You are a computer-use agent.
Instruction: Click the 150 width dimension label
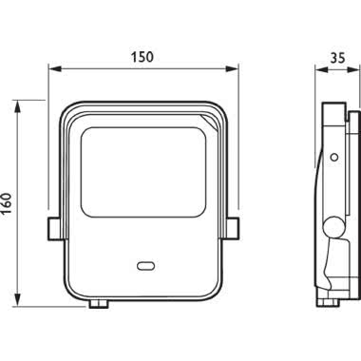click(142, 57)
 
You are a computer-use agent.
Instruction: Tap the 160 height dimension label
click(7, 203)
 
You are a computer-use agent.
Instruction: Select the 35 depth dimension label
click(337, 58)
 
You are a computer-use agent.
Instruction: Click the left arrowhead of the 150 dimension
click(54, 68)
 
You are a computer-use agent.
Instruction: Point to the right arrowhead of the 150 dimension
click(231, 68)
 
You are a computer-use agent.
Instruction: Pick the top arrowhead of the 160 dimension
click(18, 106)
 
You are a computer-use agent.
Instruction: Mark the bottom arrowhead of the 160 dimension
click(18, 300)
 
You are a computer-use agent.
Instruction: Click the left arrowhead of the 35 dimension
click(320, 69)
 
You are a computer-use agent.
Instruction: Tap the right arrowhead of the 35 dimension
click(354, 69)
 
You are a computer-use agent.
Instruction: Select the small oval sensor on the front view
click(145, 266)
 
